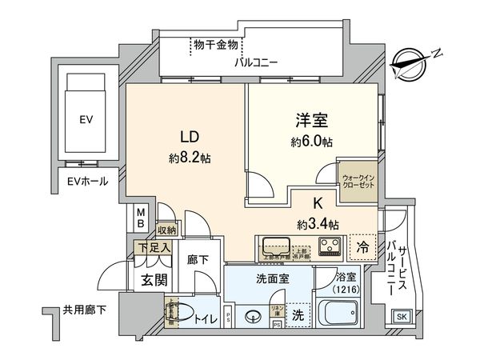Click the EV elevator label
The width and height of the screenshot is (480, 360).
86,120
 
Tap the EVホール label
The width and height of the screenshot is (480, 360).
88,182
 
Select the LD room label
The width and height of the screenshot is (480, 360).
188,135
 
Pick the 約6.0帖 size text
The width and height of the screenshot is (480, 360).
312,142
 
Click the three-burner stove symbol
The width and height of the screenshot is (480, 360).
330,245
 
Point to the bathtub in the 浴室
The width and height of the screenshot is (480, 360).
335,311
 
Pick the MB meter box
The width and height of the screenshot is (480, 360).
141,217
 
